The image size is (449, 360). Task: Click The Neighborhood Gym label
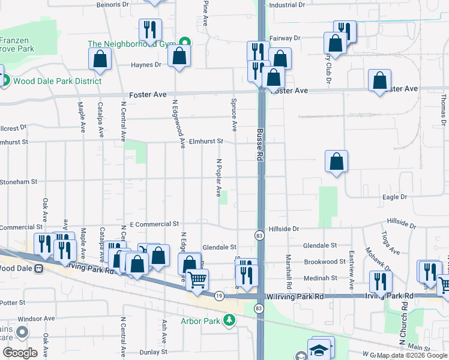[130, 44]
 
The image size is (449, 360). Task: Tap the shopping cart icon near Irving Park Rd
[197, 278]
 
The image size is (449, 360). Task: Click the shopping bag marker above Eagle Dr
[337, 161]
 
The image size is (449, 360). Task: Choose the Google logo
[20, 353]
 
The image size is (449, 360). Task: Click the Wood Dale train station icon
[38, 268]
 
